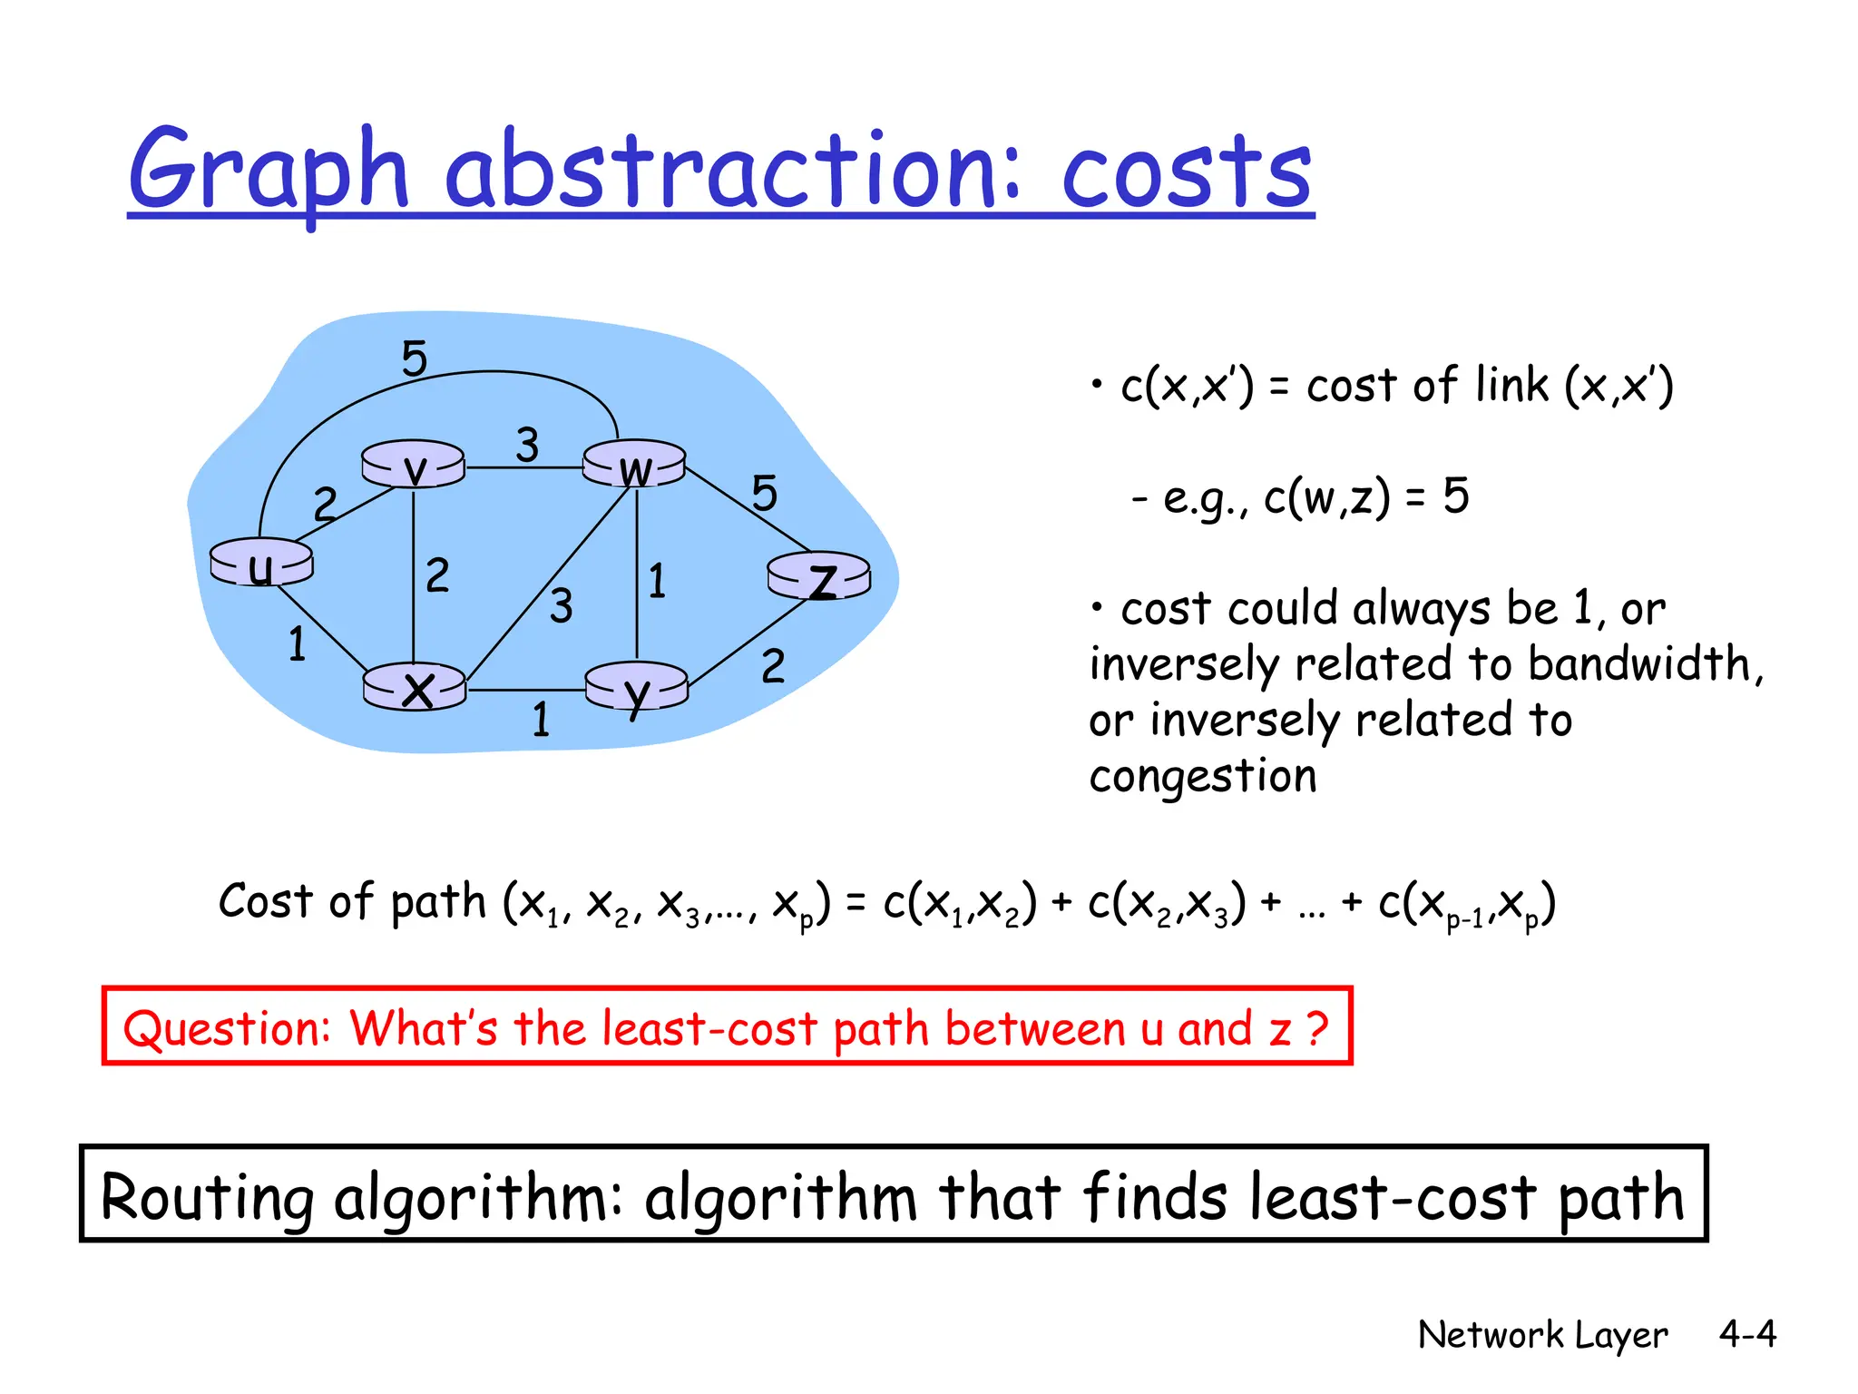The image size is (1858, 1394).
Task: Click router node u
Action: (261, 563)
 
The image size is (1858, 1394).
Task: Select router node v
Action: (413, 465)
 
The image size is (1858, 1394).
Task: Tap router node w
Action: (634, 465)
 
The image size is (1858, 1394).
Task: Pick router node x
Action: (415, 687)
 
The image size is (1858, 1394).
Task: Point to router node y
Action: (637, 688)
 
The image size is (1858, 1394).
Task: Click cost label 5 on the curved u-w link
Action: (415, 358)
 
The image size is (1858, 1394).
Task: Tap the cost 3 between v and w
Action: (527, 446)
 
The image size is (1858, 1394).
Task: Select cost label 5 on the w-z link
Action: (765, 494)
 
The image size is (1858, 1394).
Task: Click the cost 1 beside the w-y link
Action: (658, 582)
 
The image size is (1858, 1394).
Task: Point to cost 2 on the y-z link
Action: (773, 667)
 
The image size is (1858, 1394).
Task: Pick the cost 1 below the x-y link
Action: (542, 721)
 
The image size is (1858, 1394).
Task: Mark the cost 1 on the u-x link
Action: (298, 644)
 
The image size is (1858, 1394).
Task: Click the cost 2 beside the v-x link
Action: (437, 575)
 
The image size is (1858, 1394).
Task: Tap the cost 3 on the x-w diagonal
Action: (562, 606)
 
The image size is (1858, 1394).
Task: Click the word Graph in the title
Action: (269, 172)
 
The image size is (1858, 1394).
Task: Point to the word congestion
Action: (1203, 777)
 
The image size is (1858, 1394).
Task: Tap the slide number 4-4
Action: (1747, 1334)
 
